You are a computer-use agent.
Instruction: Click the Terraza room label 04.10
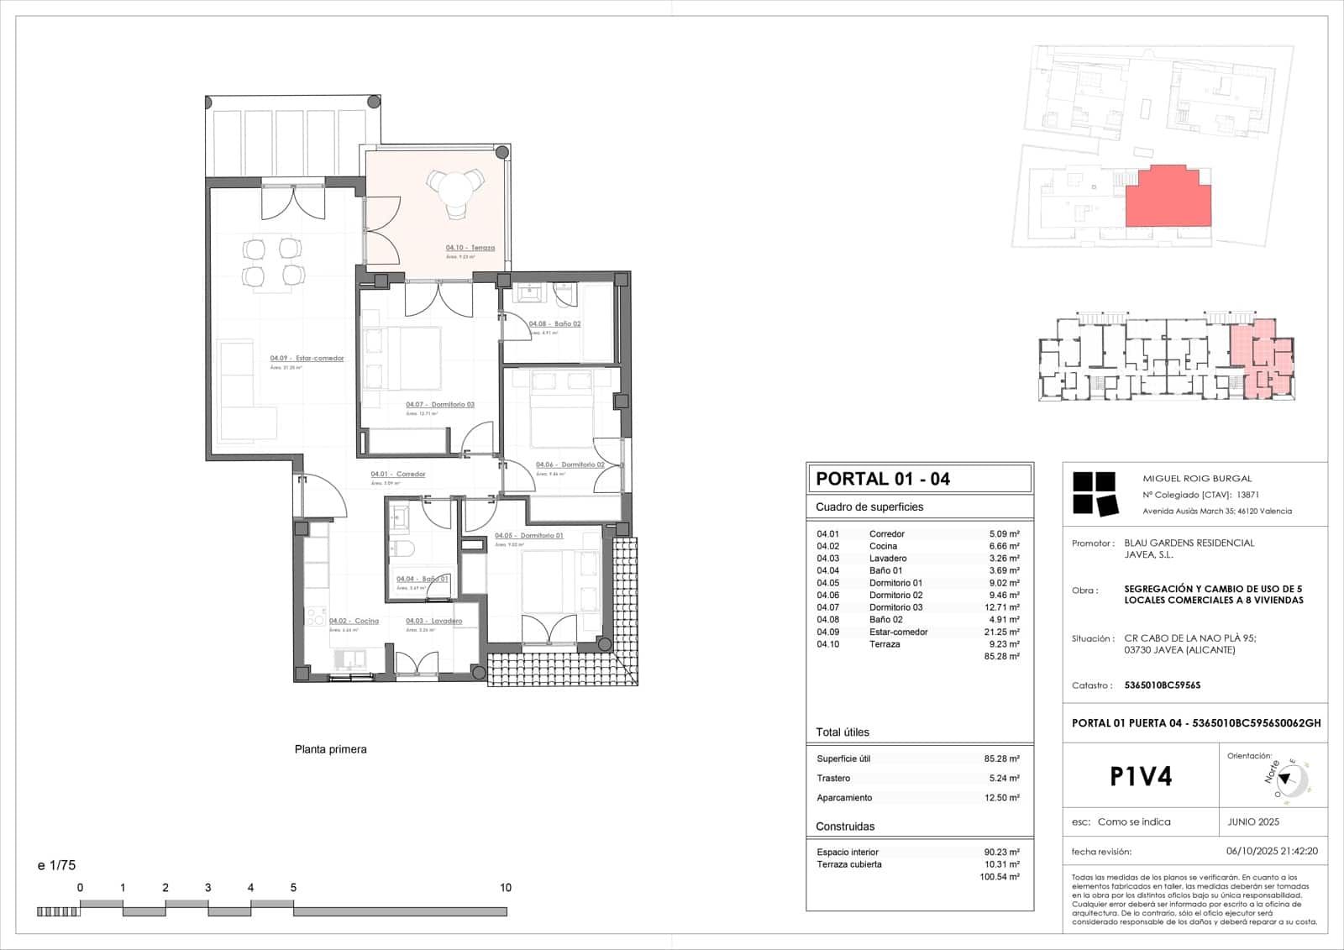[x=470, y=248]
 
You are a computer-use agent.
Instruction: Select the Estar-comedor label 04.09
[x=307, y=359]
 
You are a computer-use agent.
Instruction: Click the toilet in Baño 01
[x=403, y=550]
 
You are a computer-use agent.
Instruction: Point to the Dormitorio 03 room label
[x=440, y=405]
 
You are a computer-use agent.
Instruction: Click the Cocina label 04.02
[x=354, y=622]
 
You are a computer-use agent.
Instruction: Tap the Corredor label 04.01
[x=398, y=475]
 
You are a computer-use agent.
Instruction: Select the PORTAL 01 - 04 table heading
[x=883, y=479]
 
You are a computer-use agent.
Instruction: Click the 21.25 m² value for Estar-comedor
[x=1002, y=632]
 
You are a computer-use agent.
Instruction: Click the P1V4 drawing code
[x=1140, y=776]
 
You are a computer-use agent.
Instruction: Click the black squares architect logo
[x=1095, y=493]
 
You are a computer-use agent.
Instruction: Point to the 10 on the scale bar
[x=506, y=888]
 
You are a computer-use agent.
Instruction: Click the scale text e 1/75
[x=57, y=865]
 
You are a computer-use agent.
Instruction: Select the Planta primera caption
[x=330, y=749]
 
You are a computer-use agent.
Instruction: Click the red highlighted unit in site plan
[x=1169, y=197]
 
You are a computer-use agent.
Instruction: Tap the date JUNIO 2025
[x=1253, y=821]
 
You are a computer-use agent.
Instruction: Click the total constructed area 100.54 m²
[x=1000, y=877]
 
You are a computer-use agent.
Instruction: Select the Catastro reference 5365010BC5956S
[x=1162, y=685]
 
